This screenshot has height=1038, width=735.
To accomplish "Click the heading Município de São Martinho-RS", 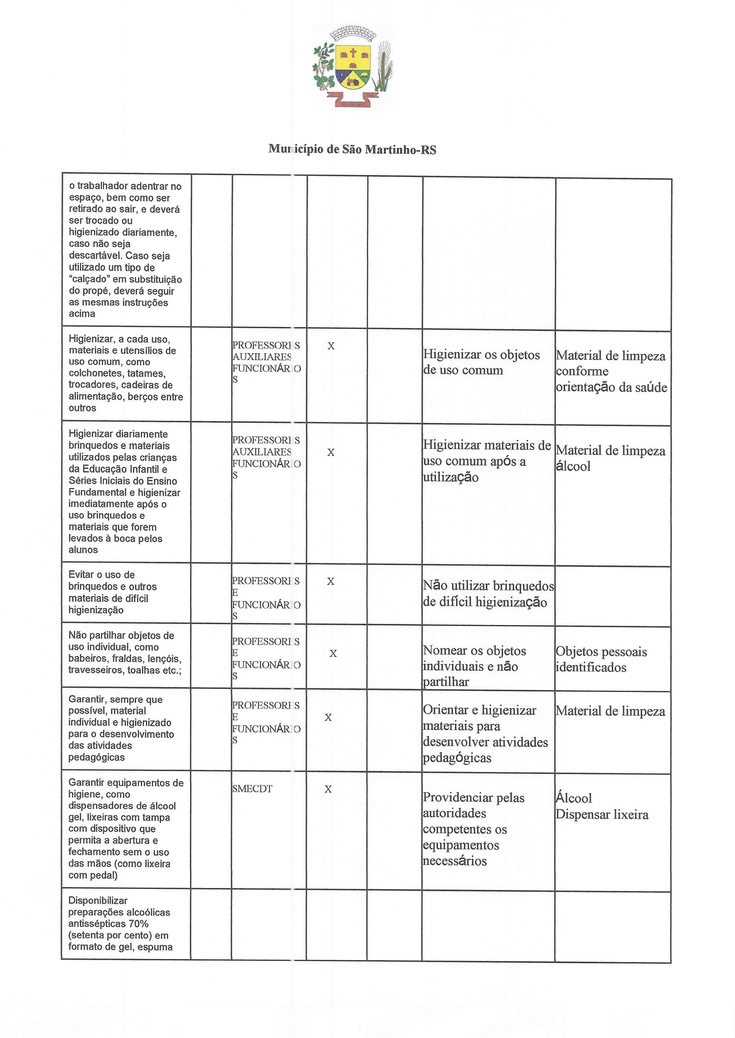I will coord(352,149).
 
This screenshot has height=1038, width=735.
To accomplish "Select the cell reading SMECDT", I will coord(252,789).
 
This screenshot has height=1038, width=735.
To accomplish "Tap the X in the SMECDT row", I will coord(328,789).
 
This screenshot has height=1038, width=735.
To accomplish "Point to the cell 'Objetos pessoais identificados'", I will coord(601,659).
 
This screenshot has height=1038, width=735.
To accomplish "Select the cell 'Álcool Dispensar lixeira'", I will coord(601,806).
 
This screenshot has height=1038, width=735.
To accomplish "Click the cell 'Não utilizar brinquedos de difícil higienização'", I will coord(488,593).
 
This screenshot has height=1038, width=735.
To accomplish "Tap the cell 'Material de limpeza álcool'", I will coord(610,458).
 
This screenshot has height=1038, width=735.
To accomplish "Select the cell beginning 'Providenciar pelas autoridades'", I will coord(473,829).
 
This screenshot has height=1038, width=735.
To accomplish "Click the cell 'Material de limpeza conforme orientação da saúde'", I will coord(611,371).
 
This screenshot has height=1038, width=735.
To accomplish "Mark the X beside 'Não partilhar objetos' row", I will coord(333,654).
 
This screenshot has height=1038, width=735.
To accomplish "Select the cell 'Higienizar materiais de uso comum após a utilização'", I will coord(486,461).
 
